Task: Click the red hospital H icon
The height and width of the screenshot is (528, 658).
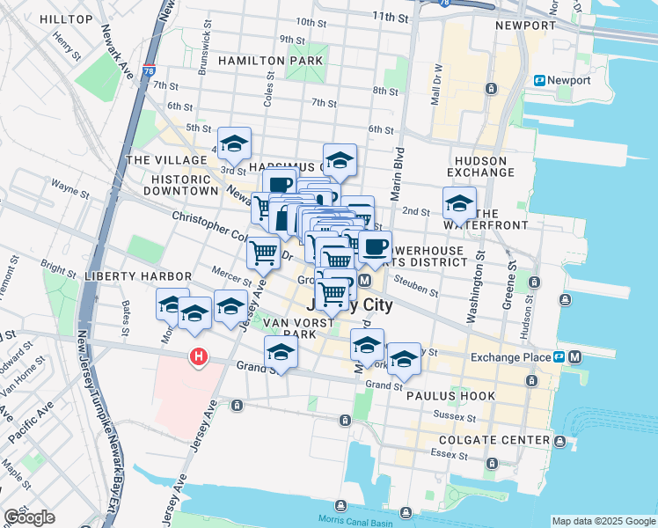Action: (x=200, y=356)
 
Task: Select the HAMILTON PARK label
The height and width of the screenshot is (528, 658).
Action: (x=270, y=61)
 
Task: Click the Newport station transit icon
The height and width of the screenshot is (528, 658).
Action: (x=540, y=80)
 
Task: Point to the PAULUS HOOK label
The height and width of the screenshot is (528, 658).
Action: (x=451, y=396)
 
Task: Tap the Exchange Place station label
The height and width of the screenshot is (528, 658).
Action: (x=510, y=357)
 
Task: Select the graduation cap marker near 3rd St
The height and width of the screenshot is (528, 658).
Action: (x=234, y=143)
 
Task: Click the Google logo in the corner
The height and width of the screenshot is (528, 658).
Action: (x=29, y=517)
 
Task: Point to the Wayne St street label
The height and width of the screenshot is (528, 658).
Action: (x=67, y=186)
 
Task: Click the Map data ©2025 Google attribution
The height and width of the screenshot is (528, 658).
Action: (x=603, y=521)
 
